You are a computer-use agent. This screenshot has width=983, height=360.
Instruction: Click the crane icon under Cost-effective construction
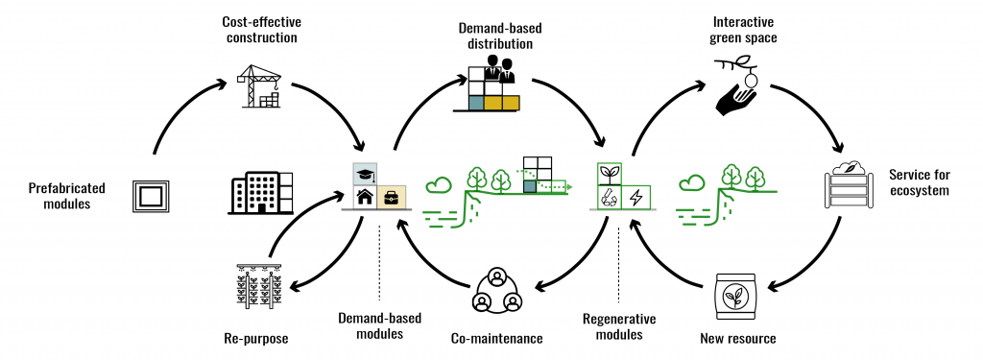[259, 84]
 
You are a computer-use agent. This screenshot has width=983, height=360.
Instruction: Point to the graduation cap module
[366, 173]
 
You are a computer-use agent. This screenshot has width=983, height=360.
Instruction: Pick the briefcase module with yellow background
[392, 197]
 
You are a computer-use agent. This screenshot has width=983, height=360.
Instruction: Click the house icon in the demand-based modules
[366, 197]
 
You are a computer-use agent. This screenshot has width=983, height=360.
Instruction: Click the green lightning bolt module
[636, 197]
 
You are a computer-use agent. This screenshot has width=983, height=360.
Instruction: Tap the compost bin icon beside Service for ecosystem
[850, 185]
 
